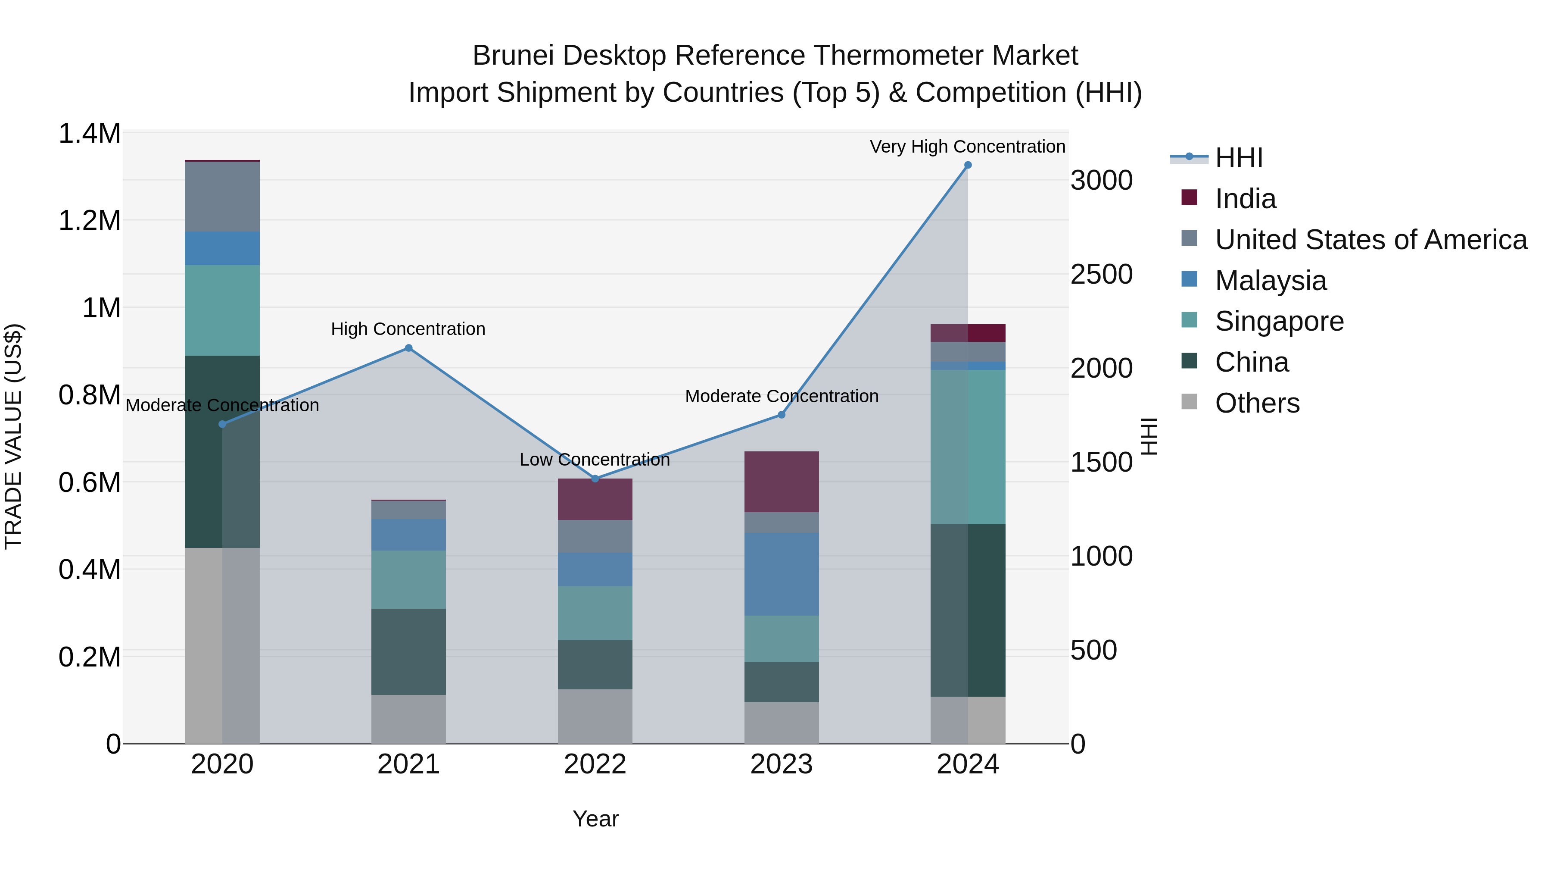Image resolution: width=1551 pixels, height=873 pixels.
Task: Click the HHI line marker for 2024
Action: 968,165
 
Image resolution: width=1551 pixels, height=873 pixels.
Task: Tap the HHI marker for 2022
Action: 595,479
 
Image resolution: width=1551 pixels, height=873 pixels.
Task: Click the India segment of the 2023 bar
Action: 781,482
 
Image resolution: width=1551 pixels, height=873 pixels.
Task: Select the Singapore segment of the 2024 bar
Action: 968,447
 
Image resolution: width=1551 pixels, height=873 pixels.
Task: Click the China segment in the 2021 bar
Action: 408,651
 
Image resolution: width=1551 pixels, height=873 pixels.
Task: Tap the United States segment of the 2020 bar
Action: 222,197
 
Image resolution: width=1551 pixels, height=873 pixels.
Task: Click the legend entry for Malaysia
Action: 1271,281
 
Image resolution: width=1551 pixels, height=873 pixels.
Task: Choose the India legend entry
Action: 1245,199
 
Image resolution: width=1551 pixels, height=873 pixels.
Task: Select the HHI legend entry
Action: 1239,158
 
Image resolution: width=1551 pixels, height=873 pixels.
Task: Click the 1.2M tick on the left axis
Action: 89,220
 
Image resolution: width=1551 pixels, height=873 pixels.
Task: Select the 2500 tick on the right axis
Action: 1101,274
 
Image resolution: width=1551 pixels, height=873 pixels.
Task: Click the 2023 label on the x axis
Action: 781,764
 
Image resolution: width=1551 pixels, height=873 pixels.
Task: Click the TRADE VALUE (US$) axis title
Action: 14,436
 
